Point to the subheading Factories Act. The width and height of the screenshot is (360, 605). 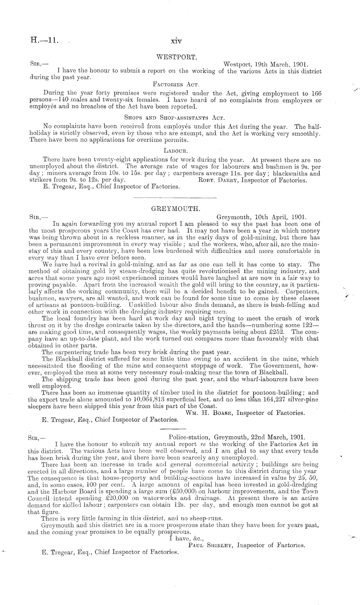[175, 85]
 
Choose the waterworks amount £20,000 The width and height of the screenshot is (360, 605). [105, 498]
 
